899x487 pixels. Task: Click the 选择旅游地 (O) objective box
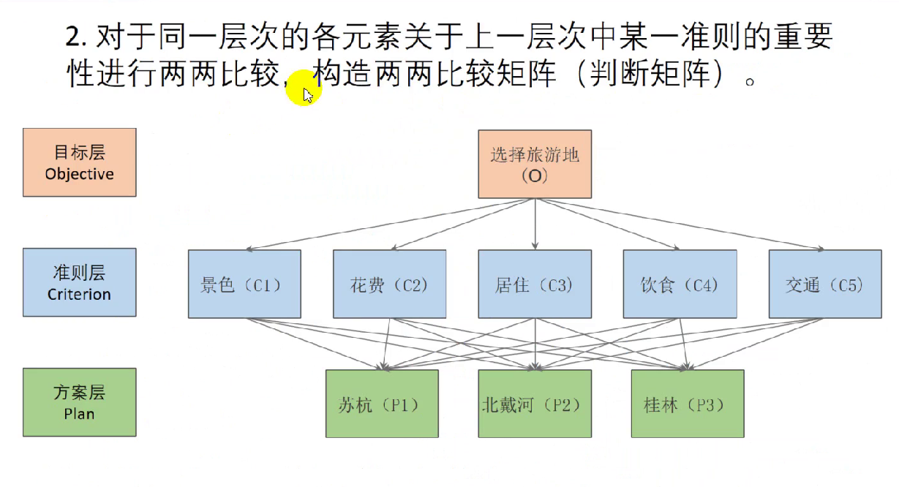pyautogui.click(x=535, y=164)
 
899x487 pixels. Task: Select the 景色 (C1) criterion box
pyautogui.click(x=244, y=284)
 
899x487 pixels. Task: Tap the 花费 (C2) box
pyautogui.click(x=389, y=284)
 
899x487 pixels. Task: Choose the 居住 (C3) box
pyautogui.click(x=535, y=284)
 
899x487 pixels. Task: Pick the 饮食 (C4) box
pyautogui.click(x=680, y=284)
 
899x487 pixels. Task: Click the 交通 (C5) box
pyautogui.click(x=825, y=284)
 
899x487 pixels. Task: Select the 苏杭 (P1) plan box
pyautogui.click(x=381, y=404)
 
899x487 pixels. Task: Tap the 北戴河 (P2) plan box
pyautogui.click(x=535, y=404)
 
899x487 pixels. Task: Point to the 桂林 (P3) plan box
pyautogui.click(x=688, y=404)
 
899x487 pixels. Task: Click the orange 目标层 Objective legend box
pyautogui.click(x=79, y=162)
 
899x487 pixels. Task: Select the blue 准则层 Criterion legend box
pyautogui.click(x=79, y=282)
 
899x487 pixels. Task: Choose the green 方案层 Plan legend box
pyautogui.click(x=79, y=402)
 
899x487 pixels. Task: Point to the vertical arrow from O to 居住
pyautogui.click(x=535, y=224)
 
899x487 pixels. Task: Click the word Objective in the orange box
pyautogui.click(x=79, y=174)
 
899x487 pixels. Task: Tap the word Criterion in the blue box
pyautogui.click(x=79, y=295)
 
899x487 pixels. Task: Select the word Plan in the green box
pyautogui.click(x=79, y=414)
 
